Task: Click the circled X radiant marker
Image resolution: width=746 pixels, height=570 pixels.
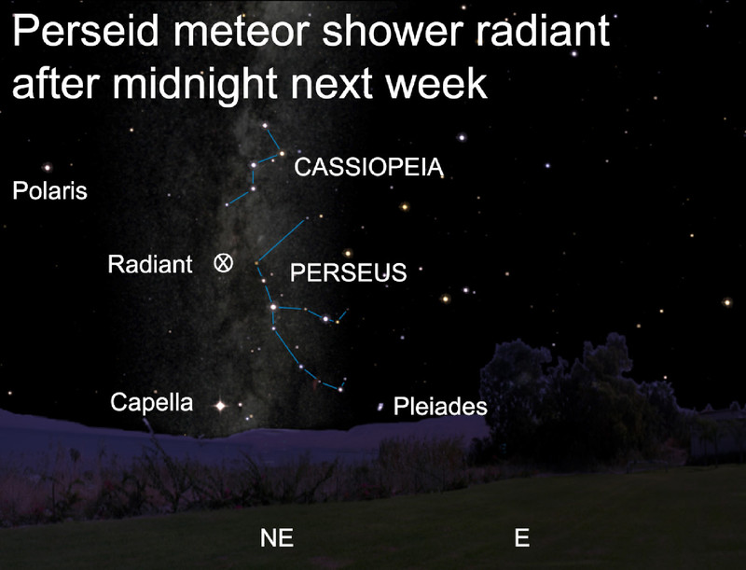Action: coord(224,263)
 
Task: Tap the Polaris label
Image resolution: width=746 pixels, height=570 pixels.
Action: coord(50,191)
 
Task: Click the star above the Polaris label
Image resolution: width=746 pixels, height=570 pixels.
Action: coord(48,167)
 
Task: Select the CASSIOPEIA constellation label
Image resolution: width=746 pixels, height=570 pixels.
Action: coord(368,167)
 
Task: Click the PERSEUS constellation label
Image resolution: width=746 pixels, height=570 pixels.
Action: coord(348,272)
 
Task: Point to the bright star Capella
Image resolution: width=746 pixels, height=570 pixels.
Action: coord(220,406)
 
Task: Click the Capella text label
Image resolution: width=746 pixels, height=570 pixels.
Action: coord(152,402)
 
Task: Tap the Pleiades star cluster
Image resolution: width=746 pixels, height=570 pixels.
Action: coord(380,407)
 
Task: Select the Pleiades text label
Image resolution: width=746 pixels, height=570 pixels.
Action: coord(440,407)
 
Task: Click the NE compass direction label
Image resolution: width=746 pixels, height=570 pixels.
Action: coord(277,537)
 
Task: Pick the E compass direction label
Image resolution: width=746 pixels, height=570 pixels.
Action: coord(522,537)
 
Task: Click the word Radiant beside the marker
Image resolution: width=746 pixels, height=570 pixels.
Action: coord(150,264)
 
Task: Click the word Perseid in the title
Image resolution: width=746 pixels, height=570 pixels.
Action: coord(85,31)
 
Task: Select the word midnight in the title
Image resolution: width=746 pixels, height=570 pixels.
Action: coord(195,85)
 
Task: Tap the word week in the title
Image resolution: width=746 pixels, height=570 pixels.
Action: coord(436,84)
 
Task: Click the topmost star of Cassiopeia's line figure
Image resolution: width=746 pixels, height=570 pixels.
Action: coord(265,126)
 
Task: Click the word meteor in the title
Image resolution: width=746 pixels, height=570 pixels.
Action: coord(241,32)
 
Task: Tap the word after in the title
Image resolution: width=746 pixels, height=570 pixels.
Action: coord(56,84)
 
